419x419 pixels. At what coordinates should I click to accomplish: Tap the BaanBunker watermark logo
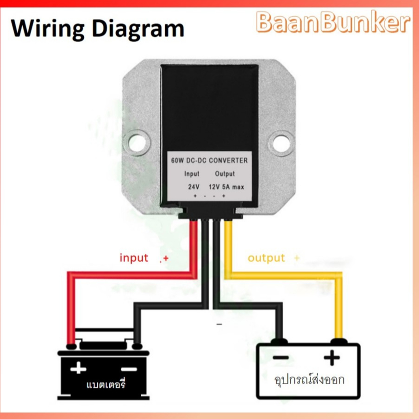point(333,22)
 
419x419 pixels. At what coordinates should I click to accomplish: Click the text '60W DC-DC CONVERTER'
point(209,161)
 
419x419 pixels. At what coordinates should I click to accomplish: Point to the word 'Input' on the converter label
point(192,174)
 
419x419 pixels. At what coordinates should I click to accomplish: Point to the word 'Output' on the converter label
point(225,174)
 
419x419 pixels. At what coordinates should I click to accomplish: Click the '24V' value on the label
point(194,187)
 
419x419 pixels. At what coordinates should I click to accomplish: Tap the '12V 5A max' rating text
point(226,187)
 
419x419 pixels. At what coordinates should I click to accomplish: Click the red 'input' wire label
point(134,258)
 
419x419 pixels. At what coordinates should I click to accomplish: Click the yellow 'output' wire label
point(266,258)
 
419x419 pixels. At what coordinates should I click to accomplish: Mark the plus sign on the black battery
point(78,369)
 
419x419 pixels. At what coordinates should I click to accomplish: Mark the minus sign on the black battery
point(129,369)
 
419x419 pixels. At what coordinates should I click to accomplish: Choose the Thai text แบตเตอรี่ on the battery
point(106,384)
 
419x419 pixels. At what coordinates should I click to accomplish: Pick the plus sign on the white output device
point(331,357)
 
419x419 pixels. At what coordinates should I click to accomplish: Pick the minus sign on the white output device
point(281,357)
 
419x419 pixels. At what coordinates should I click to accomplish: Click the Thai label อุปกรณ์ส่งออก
point(309,379)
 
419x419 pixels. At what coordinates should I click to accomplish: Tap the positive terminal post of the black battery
point(71,347)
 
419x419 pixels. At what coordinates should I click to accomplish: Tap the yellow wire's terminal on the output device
point(338,341)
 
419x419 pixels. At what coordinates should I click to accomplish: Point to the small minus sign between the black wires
point(219,325)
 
